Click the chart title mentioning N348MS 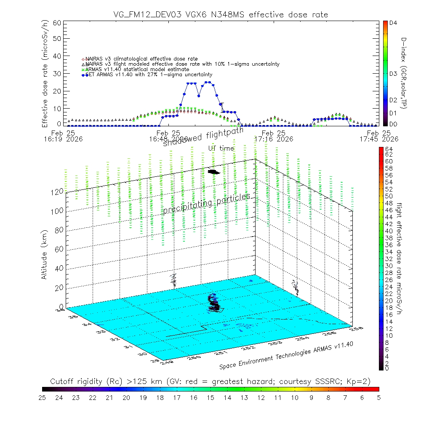(221, 15)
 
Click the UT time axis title (221, 148)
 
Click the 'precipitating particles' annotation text (206, 203)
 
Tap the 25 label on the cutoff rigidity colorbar (42, 397)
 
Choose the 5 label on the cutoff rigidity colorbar (378, 397)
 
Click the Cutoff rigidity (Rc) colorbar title (210, 381)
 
